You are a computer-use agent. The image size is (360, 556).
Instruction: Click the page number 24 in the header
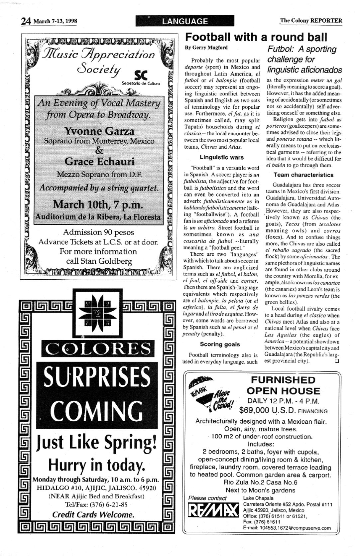pyautogui.click(x=26, y=21)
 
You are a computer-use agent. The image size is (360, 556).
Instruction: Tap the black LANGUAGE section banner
pyautogui.click(x=185, y=21)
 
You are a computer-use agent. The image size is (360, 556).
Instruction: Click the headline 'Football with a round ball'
pyautogui.click(x=256, y=37)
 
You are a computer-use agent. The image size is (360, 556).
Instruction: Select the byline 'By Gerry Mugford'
pyautogui.click(x=206, y=48)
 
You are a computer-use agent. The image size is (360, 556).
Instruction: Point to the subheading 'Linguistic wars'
pyautogui.click(x=221, y=157)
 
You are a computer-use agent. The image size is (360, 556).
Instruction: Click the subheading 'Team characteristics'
pyautogui.click(x=303, y=175)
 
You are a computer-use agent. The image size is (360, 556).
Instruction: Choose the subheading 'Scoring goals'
pyautogui.click(x=220, y=344)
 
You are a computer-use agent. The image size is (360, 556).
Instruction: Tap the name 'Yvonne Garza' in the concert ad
pyautogui.click(x=99, y=131)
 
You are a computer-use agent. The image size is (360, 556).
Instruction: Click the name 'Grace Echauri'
pyautogui.click(x=99, y=162)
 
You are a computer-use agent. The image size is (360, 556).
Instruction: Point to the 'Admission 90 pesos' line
pyautogui.click(x=98, y=232)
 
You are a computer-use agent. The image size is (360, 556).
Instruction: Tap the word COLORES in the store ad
pyautogui.click(x=97, y=348)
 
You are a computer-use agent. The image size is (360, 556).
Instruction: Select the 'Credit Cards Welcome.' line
pyautogui.click(x=93, y=515)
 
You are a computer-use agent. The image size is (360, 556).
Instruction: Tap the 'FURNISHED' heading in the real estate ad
pyautogui.click(x=283, y=380)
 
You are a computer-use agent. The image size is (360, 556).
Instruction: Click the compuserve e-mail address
pyautogui.click(x=287, y=528)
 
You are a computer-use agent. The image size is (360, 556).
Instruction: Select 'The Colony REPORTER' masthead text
pyautogui.click(x=311, y=21)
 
